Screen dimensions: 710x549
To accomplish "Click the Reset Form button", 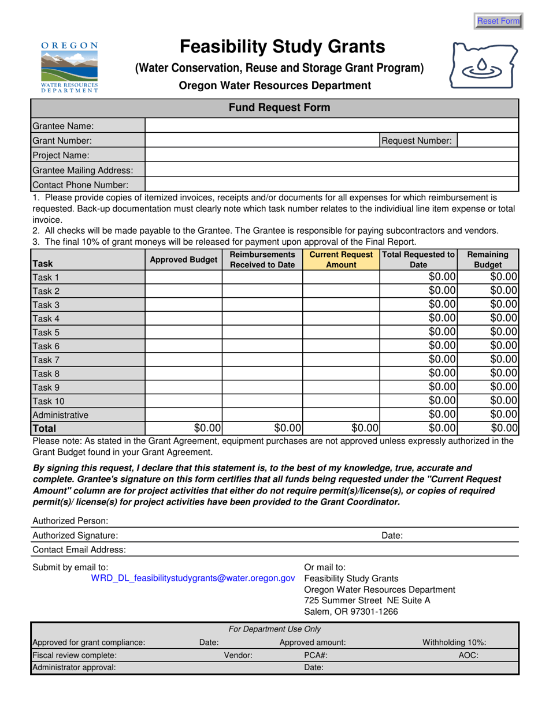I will click(x=498, y=21).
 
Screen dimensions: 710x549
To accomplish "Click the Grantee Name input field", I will click(x=331, y=126).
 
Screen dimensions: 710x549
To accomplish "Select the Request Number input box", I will click(x=487, y=140).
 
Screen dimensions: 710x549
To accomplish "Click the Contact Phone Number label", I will click(x=80, y=185).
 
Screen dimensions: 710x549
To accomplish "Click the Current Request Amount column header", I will click(x=341, y=260).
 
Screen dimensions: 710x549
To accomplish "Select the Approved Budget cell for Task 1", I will click(x=183, y=277).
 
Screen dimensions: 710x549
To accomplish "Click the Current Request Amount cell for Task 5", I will click(x=341, y=332).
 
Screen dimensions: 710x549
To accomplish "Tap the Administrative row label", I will click(x=61, y=414).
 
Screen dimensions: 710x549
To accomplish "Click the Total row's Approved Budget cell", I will click(x=183, y=428).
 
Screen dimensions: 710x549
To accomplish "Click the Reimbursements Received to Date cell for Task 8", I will click(x=262, y=373).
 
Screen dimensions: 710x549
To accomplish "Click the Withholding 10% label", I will click(x=454, y=642).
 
